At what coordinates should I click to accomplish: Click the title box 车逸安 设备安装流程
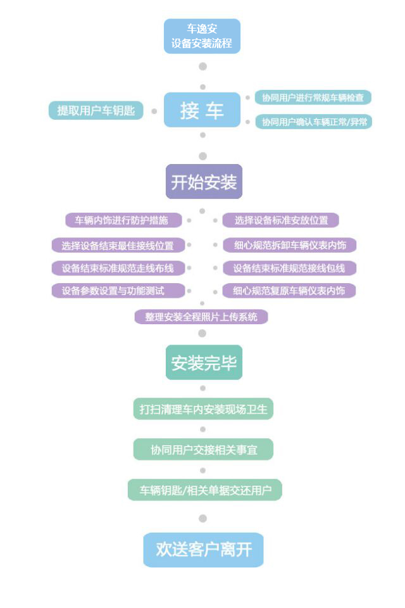click(x=202, y=36)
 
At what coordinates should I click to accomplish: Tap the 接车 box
click(x=202, y=110)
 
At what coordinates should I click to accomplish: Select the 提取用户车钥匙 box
click(x=96, y=110)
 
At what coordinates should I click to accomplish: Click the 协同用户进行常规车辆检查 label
click(x=313, y=98)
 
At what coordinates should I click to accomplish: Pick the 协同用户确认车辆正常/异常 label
click(x=313, y=122)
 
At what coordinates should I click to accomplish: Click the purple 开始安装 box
click(x=204, y=182)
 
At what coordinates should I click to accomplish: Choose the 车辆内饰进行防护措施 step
click(x=123, y=220)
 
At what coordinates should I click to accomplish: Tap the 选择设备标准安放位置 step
click(x=280, y=220)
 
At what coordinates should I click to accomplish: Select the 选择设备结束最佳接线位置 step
click(x=118, y=246)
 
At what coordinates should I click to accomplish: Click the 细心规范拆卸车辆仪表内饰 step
click(x=289, y=245)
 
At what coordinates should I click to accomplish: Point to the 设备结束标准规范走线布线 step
click(x=118, y=268)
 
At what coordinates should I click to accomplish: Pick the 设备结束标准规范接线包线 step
click(x=289, y=268)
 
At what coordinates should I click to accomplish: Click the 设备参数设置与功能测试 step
click(x=118, y=291)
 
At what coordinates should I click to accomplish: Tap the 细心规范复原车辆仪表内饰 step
click(x=289, y=291)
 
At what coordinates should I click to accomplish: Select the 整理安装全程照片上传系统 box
click(x=201, y=317)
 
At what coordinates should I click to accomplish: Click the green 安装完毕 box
click(x=204, y=362)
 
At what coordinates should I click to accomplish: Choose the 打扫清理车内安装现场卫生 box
click(x=204, y=408)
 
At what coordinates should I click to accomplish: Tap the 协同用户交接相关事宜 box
click(x=204, y=450)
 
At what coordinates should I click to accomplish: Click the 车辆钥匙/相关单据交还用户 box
click(x=204, y=490)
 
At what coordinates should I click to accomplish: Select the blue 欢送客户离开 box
click(x=204, y=550)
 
